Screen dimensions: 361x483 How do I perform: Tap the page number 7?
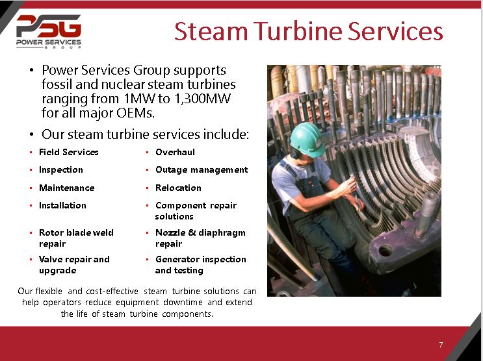tap(441, 344)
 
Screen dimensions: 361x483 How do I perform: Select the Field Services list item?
tap(68, 152)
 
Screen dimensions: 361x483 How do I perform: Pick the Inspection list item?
tap(60, 169)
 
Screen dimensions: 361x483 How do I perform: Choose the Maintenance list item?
tap(66, 188)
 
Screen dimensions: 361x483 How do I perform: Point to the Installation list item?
tap(62, 205)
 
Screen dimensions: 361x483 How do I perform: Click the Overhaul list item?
tap(175, 152)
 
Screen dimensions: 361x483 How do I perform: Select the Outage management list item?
tap(202, 169)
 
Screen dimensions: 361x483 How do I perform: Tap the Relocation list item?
tap(178, 188)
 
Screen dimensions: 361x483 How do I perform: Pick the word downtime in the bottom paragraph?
tap(181, 303)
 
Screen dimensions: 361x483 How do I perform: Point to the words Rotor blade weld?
tap(76, 232)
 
